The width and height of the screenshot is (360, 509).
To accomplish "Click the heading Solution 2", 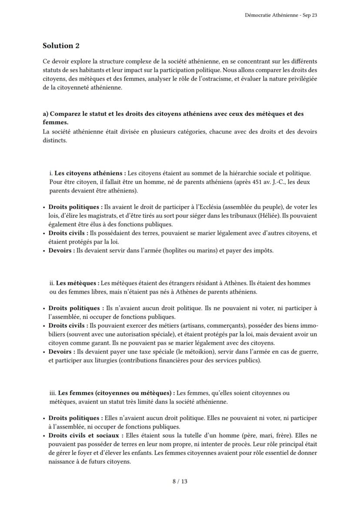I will pyautogui.click(x=61, y=46).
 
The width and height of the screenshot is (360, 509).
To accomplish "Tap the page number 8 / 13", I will pyautogui.click(x=180, y=481).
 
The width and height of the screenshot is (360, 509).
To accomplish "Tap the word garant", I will pyautogui.click(x=94, y=343).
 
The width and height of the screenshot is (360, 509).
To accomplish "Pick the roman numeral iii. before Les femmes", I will pyautogui.click(x=53, y=393).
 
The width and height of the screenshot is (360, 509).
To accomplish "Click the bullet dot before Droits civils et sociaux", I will pyautogui.click(x=44, y=435).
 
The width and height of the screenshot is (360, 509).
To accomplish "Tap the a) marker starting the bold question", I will pyautogui.click(x=46, y=114).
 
